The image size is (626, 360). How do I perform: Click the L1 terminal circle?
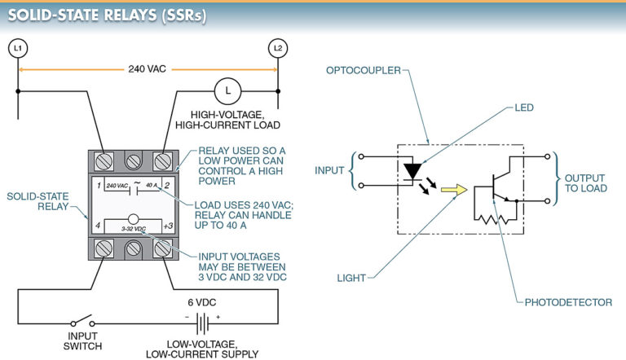coord(17,49)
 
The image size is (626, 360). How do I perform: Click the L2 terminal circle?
coord(279,49)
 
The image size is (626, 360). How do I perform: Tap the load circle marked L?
coord(225,91)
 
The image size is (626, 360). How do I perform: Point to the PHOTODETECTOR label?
coord(568,302)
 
